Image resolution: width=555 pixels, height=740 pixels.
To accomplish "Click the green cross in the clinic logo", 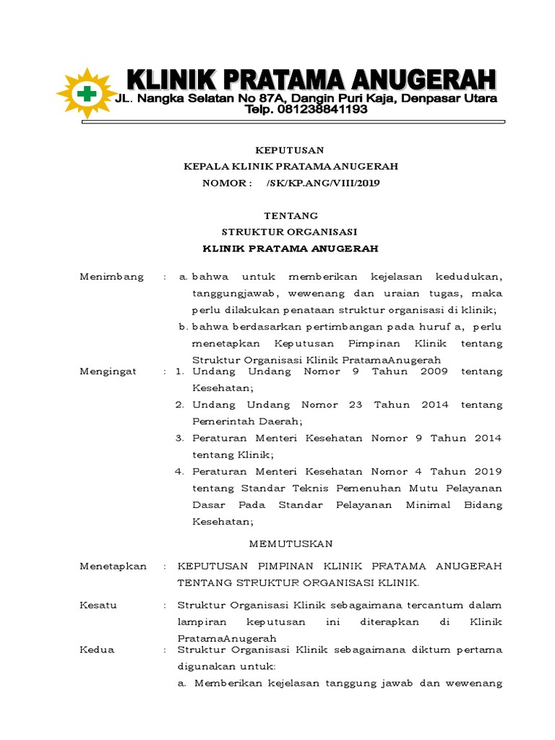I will click(87, 93).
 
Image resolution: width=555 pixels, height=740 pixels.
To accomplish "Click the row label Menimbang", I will click(112, 277).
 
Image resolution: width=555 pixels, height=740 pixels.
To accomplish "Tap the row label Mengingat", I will click(111, 371).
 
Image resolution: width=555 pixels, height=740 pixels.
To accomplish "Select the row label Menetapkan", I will click(113, 566).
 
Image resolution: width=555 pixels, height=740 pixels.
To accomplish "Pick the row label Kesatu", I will click(98, 605).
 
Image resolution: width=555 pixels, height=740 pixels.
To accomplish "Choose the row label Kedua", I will click(97, 650).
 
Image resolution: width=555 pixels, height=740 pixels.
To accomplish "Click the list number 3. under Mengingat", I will click(180, 438).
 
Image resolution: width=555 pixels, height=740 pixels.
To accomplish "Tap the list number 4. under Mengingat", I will click(180, 471).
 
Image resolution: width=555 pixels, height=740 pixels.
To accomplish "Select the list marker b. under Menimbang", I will click(183, 327).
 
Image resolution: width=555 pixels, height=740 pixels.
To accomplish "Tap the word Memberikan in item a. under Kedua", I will click(227, 683).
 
